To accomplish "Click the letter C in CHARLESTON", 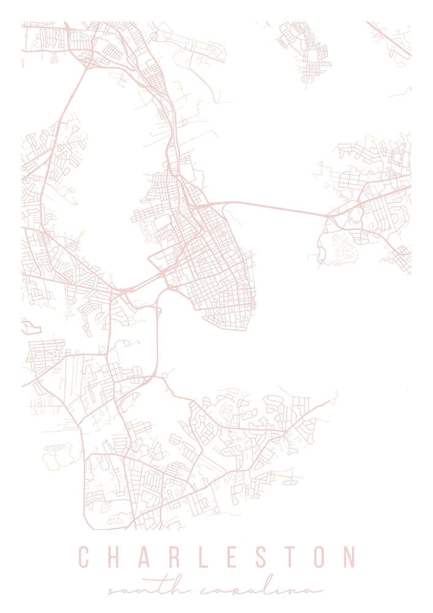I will point(84,557).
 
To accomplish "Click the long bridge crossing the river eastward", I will point(276,208).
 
